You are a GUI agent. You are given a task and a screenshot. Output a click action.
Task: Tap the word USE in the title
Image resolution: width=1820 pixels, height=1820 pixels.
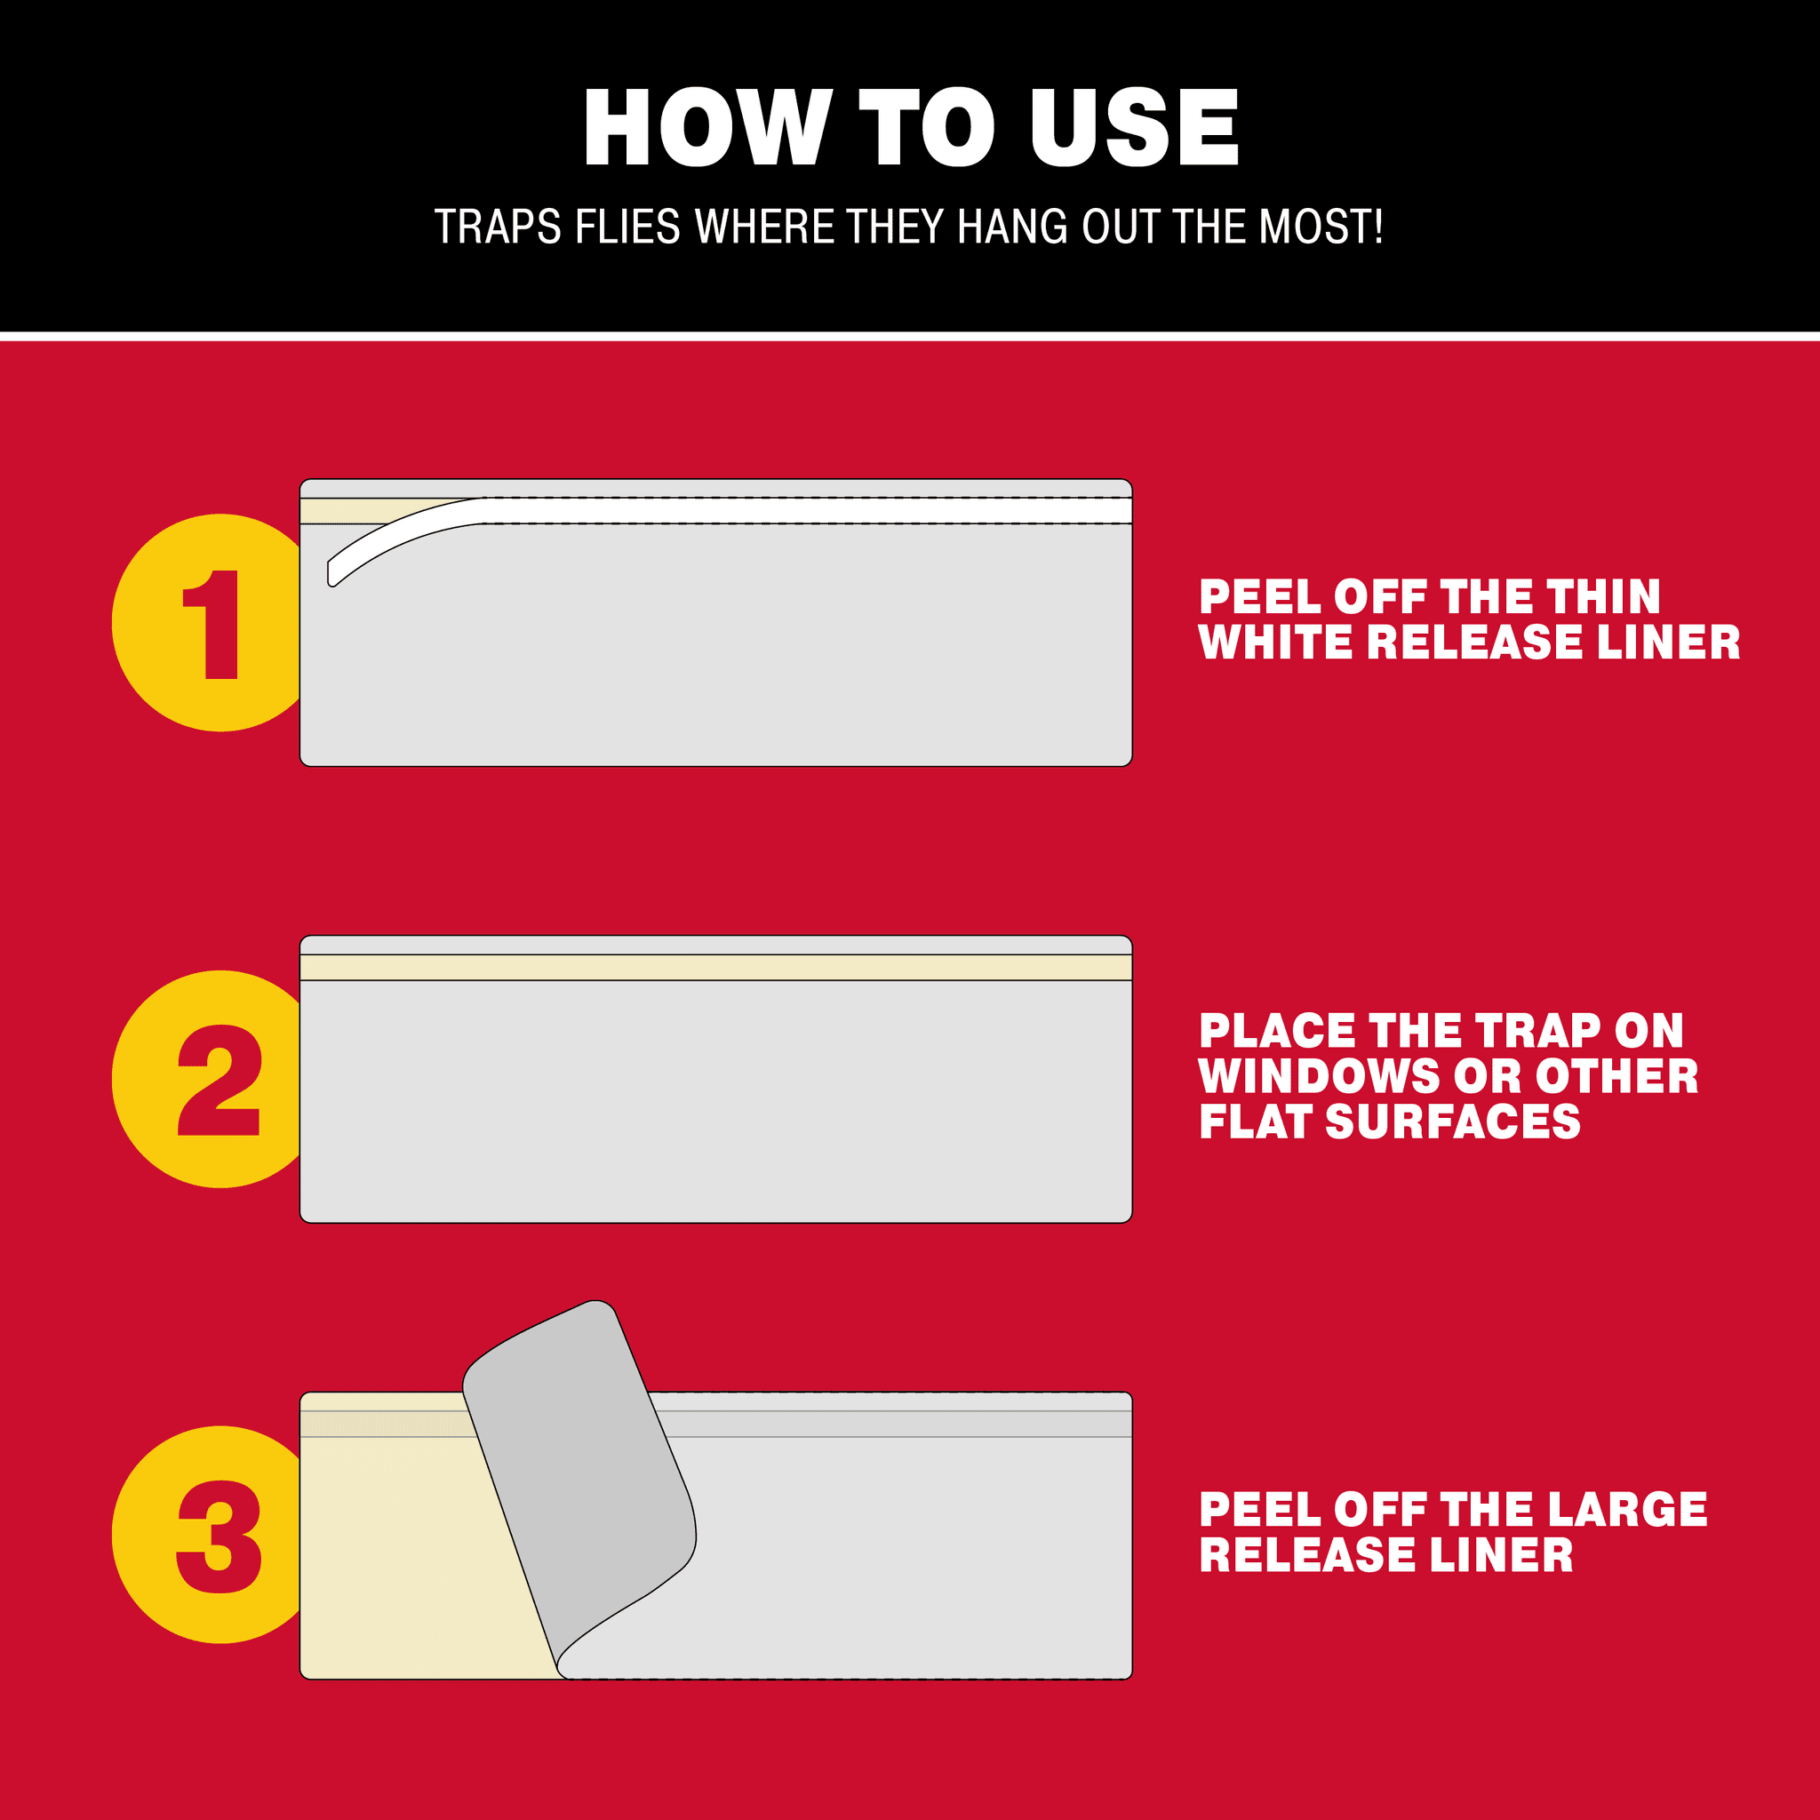1134,127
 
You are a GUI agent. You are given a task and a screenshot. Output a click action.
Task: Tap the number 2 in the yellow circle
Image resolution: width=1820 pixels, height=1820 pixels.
219,1080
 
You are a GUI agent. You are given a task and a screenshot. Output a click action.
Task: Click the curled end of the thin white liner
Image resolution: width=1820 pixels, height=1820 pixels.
332,574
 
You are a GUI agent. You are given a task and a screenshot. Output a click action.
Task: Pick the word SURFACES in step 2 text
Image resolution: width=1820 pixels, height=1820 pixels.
1453,1121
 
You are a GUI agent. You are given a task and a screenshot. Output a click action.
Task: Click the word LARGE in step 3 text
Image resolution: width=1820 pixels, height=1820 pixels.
1627,1509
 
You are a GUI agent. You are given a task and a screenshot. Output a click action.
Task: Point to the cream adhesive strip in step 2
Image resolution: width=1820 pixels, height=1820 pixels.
716,968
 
